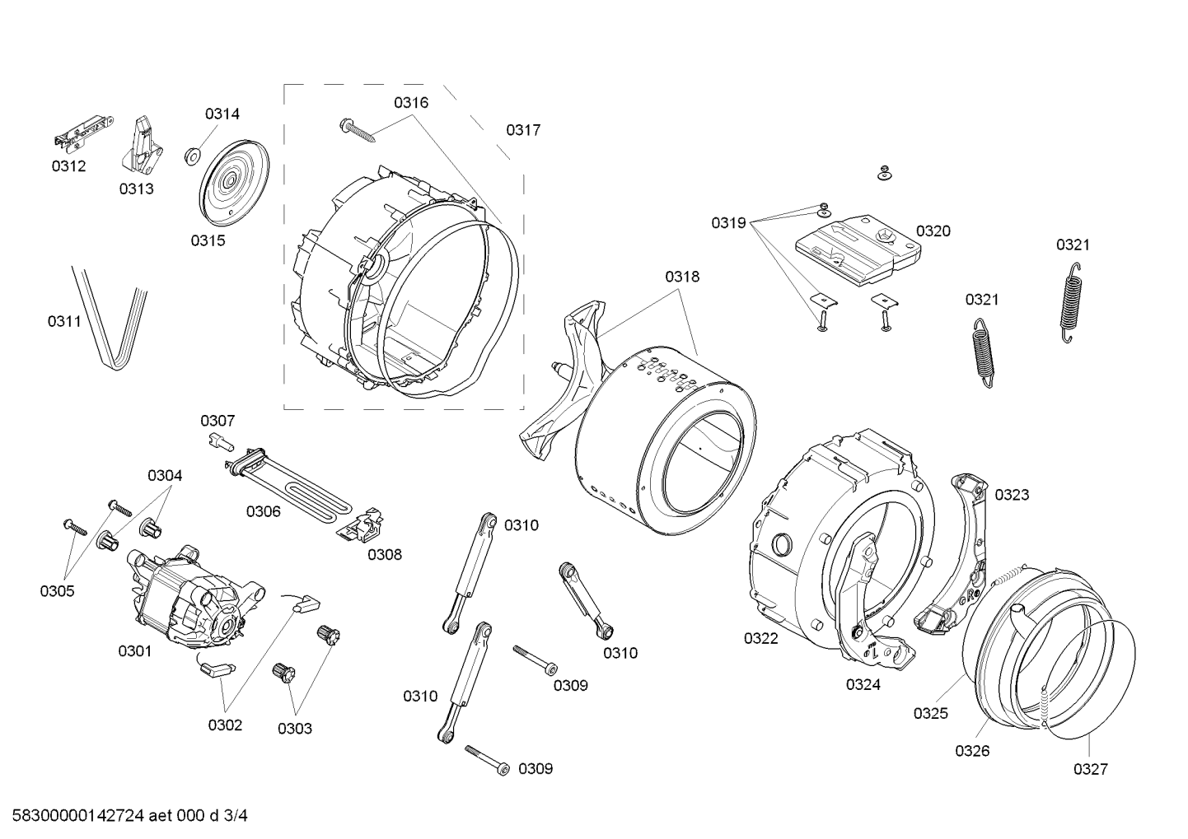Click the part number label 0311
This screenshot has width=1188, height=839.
[x=63, y=320]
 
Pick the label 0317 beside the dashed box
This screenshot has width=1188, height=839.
[x=523, y=129]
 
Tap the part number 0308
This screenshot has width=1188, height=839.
[x=385, y=554]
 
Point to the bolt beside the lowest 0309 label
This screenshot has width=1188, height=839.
[x=488, y=759]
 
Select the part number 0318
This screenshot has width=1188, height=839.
[x=682, y=277]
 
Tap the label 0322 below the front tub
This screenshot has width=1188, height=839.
[x=760, y=638]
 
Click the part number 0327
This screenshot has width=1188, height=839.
[x=1091, y=769]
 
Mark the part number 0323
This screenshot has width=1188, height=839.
[x=1012, y=495]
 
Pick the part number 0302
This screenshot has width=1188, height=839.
[x=225, y=725]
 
